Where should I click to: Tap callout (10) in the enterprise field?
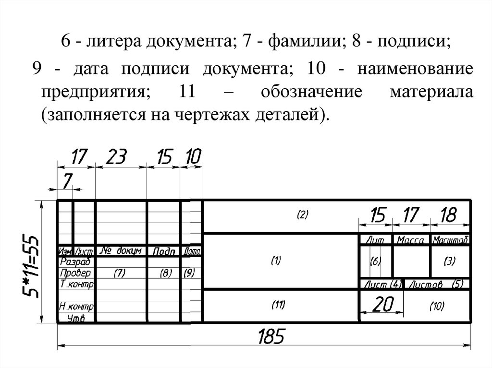pyautogui.click(x=437, y=306)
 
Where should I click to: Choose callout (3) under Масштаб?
pyautogui.click(x=449, y=261)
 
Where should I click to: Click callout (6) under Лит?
pyautogui.click(x=376, y=261)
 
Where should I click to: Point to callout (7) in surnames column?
pyautogui.click(x=119, y=273)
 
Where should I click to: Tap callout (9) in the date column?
pyautogui.click(x=189, y=273)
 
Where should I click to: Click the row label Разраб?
pyautogui.click(x=75, y=262)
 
